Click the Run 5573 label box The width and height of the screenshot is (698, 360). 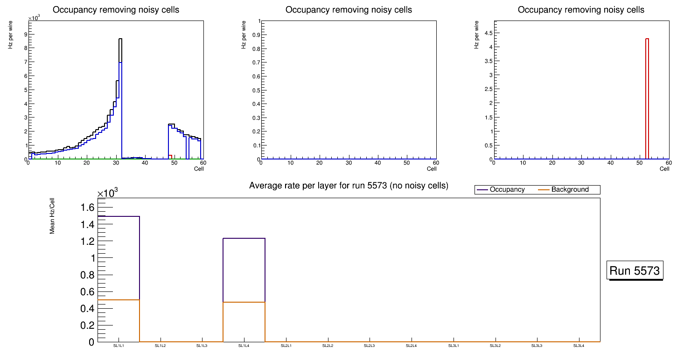pyautogui.click(x=635, y=270)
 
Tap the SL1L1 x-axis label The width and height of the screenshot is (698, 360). pyautogui.click(x=119, y=346)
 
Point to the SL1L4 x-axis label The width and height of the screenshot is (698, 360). pyautogui.click(x=244, y=346)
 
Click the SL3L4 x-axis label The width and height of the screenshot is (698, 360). pyautogui.click(x=579, y=346)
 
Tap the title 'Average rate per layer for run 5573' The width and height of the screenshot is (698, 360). pyautogui.click(x=349, y=186)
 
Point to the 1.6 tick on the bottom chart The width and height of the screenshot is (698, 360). pyautogui.click(x=89, y=208)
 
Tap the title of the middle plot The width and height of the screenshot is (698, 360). pyautogui.click(x=349, y=10)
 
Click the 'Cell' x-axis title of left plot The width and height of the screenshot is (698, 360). pyautogui.click(x=199, y=168)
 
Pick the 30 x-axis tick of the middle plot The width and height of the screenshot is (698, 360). pyautogui.click(x=349, y=163)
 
